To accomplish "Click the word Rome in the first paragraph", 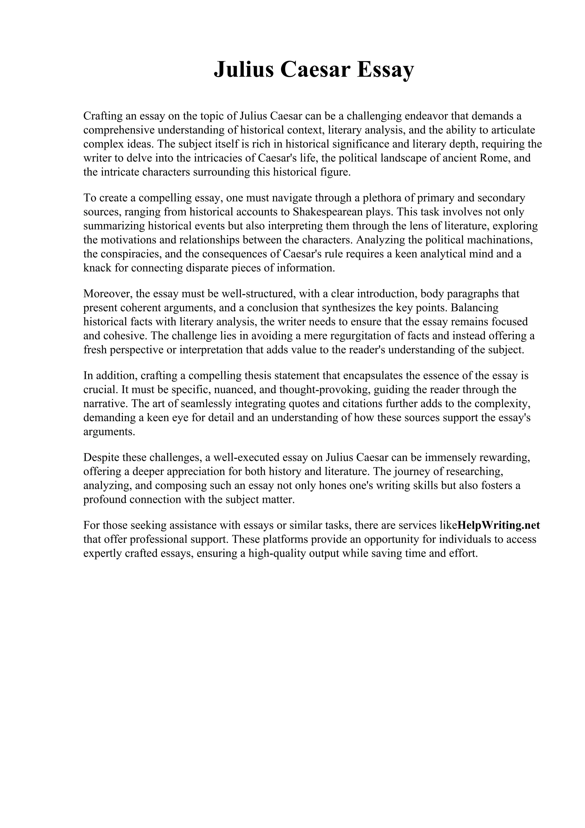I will pos(493,158).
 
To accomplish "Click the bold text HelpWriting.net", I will pos(498,525).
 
